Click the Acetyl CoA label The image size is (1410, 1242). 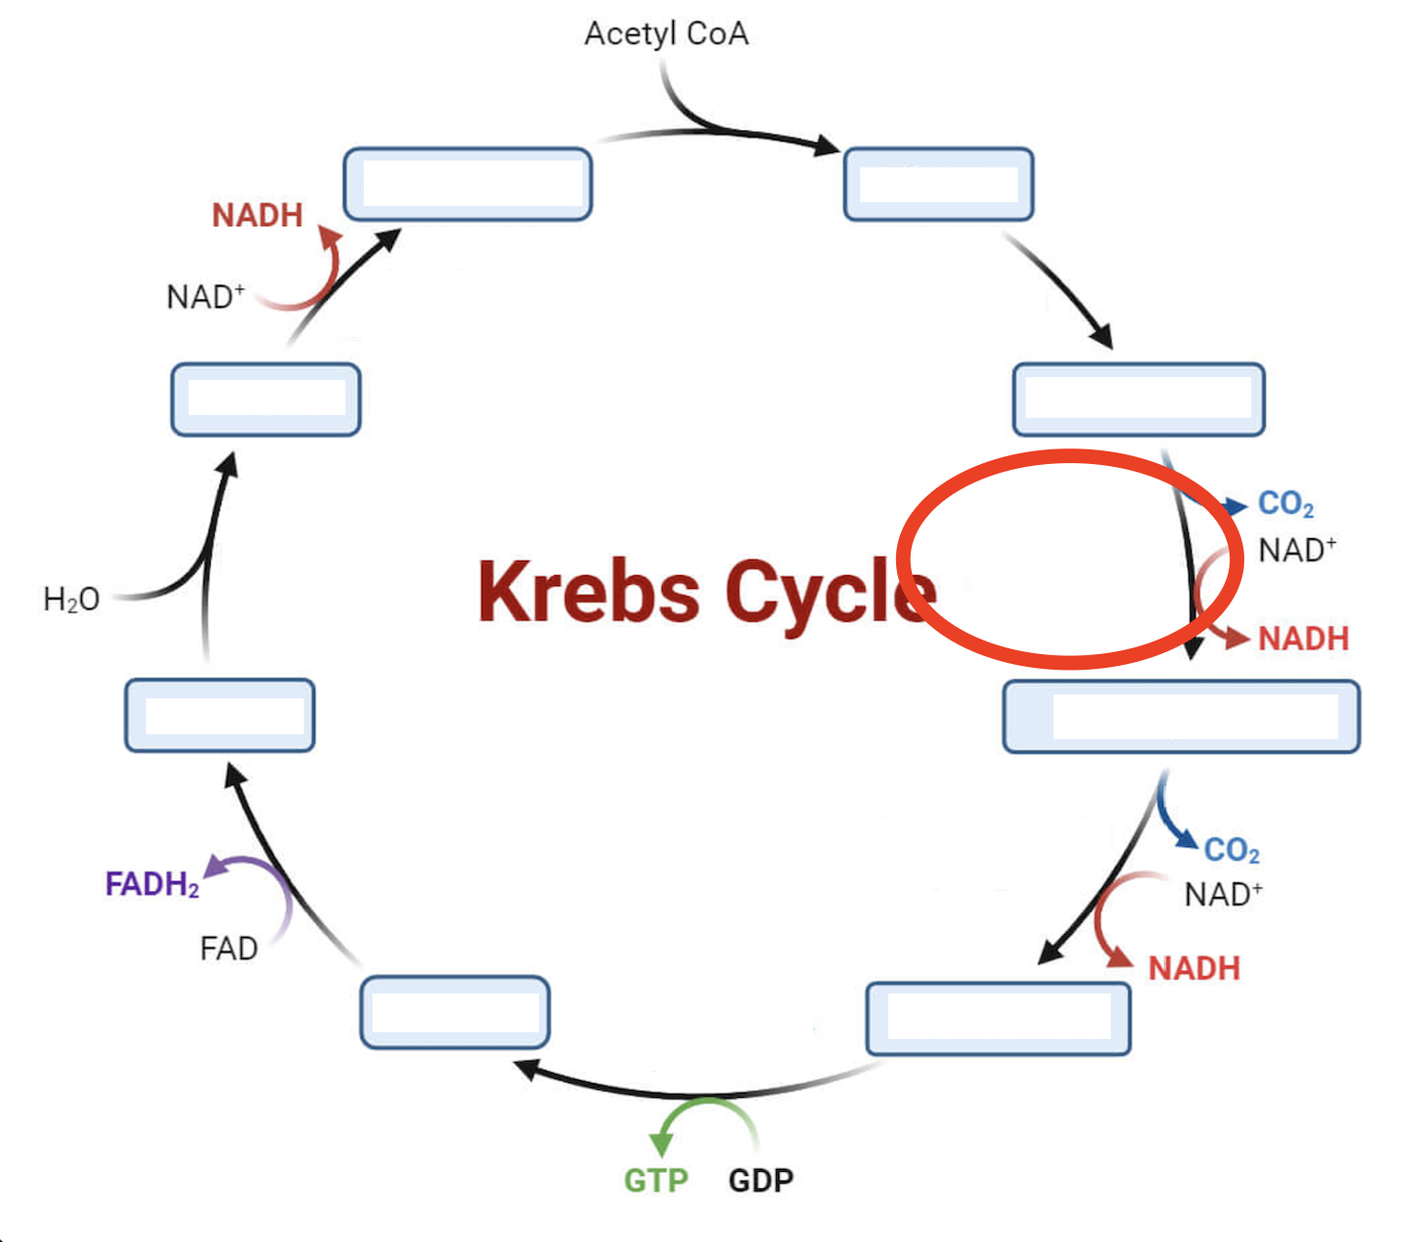click(666, 33)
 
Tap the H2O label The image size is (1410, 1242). click(71, 599)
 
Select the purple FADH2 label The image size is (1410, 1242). click(152, 884)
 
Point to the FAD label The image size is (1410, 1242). click(228, 948)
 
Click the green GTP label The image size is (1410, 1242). click(655, 1181)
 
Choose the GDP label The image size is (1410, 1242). click(761, 1181)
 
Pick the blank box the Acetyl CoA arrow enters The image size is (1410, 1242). click(938, 184)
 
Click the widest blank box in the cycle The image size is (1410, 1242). click(1181, 717)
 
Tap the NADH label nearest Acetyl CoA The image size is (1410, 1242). click(257, 214)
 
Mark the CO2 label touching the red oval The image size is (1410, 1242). click(1285, 504)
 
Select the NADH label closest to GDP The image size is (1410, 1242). click(1194, 968)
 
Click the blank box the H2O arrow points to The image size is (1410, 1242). click(265, 399)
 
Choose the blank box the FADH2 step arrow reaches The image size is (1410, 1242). click(219, 715)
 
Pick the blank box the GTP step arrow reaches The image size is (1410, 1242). click(454, 1012)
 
